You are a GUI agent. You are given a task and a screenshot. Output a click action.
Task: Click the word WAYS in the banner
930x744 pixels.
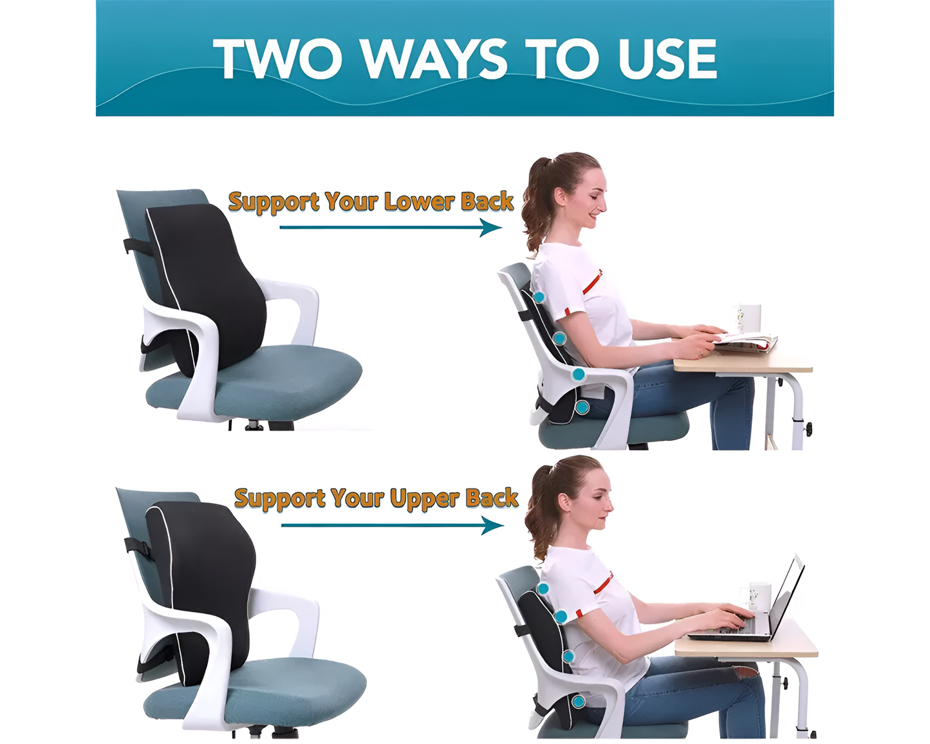434,59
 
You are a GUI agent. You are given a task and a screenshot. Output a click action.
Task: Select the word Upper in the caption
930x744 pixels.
425,498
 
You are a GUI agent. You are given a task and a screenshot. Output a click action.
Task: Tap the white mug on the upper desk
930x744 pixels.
749,318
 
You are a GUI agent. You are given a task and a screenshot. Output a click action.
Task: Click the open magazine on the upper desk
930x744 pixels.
747,341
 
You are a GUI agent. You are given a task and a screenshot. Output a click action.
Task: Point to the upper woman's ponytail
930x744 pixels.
534,206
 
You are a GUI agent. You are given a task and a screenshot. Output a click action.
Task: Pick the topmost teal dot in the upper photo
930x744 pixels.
539,297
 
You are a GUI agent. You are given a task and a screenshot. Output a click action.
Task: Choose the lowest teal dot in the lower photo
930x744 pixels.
578,701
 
